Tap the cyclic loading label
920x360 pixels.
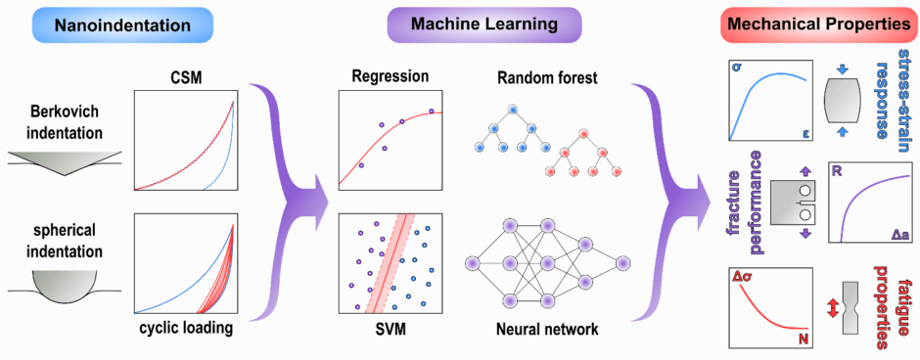tap(183, 329)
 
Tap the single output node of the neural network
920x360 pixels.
tap(622, 263)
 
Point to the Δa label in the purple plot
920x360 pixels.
tap(900, 235)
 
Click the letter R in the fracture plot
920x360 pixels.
tap(837, 171)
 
